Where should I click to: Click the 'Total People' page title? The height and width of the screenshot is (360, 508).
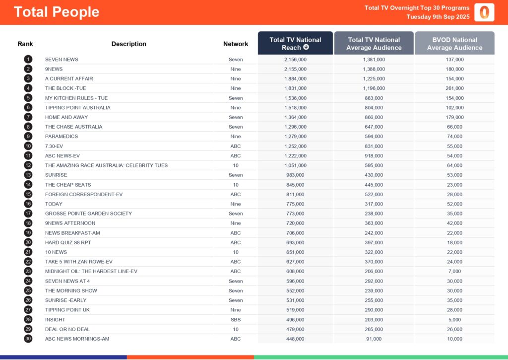click(56, 12)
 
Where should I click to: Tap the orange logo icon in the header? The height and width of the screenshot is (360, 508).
click(484, 12)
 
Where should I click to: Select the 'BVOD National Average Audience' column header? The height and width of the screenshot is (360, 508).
click(454, 44)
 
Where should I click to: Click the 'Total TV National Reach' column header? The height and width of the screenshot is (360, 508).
click(295, 44)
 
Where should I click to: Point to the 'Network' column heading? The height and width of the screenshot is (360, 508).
click(236, 44)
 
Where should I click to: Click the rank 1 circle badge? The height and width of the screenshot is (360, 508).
click(28, 60)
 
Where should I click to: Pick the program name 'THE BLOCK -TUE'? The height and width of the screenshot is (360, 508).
click(65, 88)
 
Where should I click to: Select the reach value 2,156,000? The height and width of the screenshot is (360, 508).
click(295, 60)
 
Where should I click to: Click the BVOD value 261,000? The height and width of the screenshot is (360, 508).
click(454, 88)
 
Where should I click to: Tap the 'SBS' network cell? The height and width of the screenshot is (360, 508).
click(236, 320)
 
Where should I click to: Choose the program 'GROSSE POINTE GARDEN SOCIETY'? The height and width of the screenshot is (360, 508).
click(88, 214)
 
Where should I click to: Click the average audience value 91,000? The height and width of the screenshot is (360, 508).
click(374, 339)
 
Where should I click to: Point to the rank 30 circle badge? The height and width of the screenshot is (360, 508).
click(28, 339)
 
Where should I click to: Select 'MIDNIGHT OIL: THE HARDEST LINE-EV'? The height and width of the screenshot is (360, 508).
click(91, 272)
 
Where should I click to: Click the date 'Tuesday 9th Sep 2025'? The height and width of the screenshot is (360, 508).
click(438, 17)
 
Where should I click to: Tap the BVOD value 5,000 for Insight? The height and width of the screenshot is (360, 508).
click(454, 320)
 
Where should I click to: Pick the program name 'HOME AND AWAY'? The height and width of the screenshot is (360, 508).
click(66, 117)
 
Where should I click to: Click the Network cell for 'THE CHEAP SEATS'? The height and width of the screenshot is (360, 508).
click(236, 185)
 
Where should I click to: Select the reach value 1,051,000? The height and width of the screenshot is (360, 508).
click(295, 165)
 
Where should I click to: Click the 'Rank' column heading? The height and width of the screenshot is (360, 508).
click(25, 44)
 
